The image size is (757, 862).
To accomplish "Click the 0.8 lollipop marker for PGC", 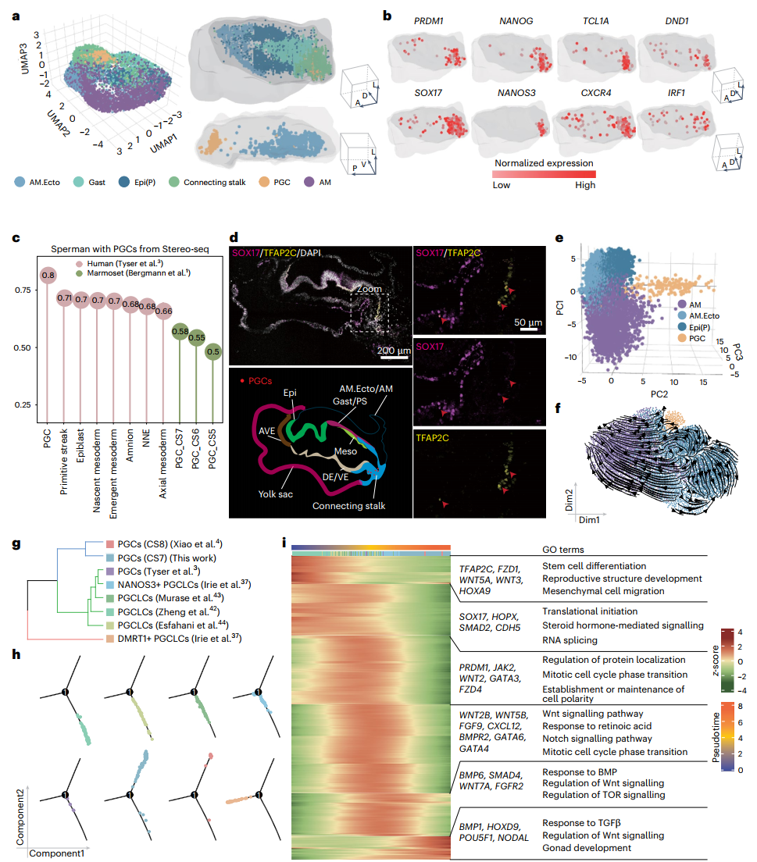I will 47,275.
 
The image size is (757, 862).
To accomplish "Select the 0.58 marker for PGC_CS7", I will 180,333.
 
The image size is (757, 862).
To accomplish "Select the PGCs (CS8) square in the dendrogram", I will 109,544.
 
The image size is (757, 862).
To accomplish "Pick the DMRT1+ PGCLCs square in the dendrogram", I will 109,639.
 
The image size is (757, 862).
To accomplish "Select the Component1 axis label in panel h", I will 56,854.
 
